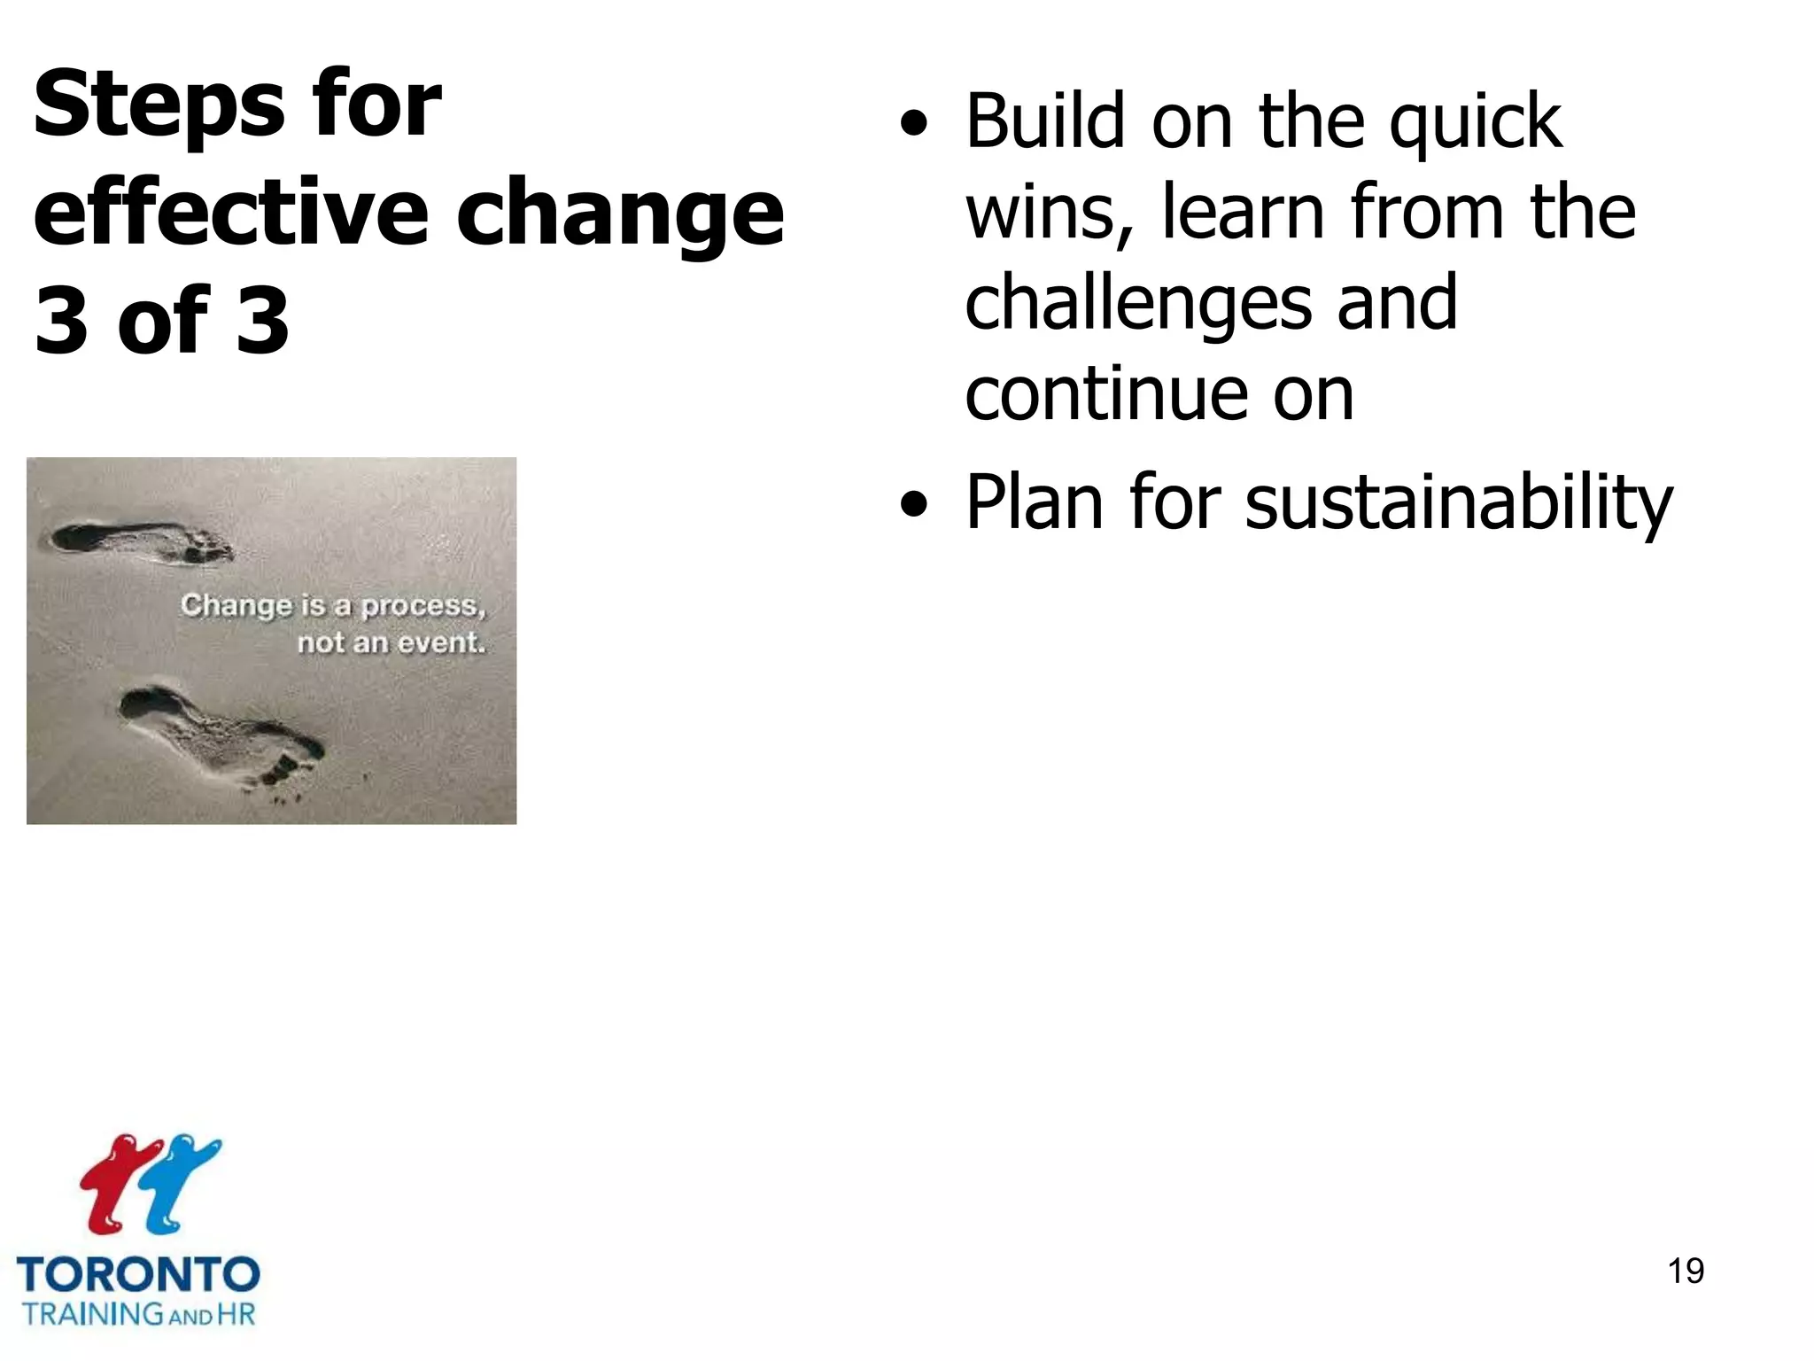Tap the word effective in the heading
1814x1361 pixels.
coord(230,213)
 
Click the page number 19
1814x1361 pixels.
coord(1686,1271)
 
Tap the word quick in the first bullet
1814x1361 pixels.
coord(1475,124)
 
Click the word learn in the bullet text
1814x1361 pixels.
coord(1244,213)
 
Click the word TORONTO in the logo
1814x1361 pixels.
coord(138,1275)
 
